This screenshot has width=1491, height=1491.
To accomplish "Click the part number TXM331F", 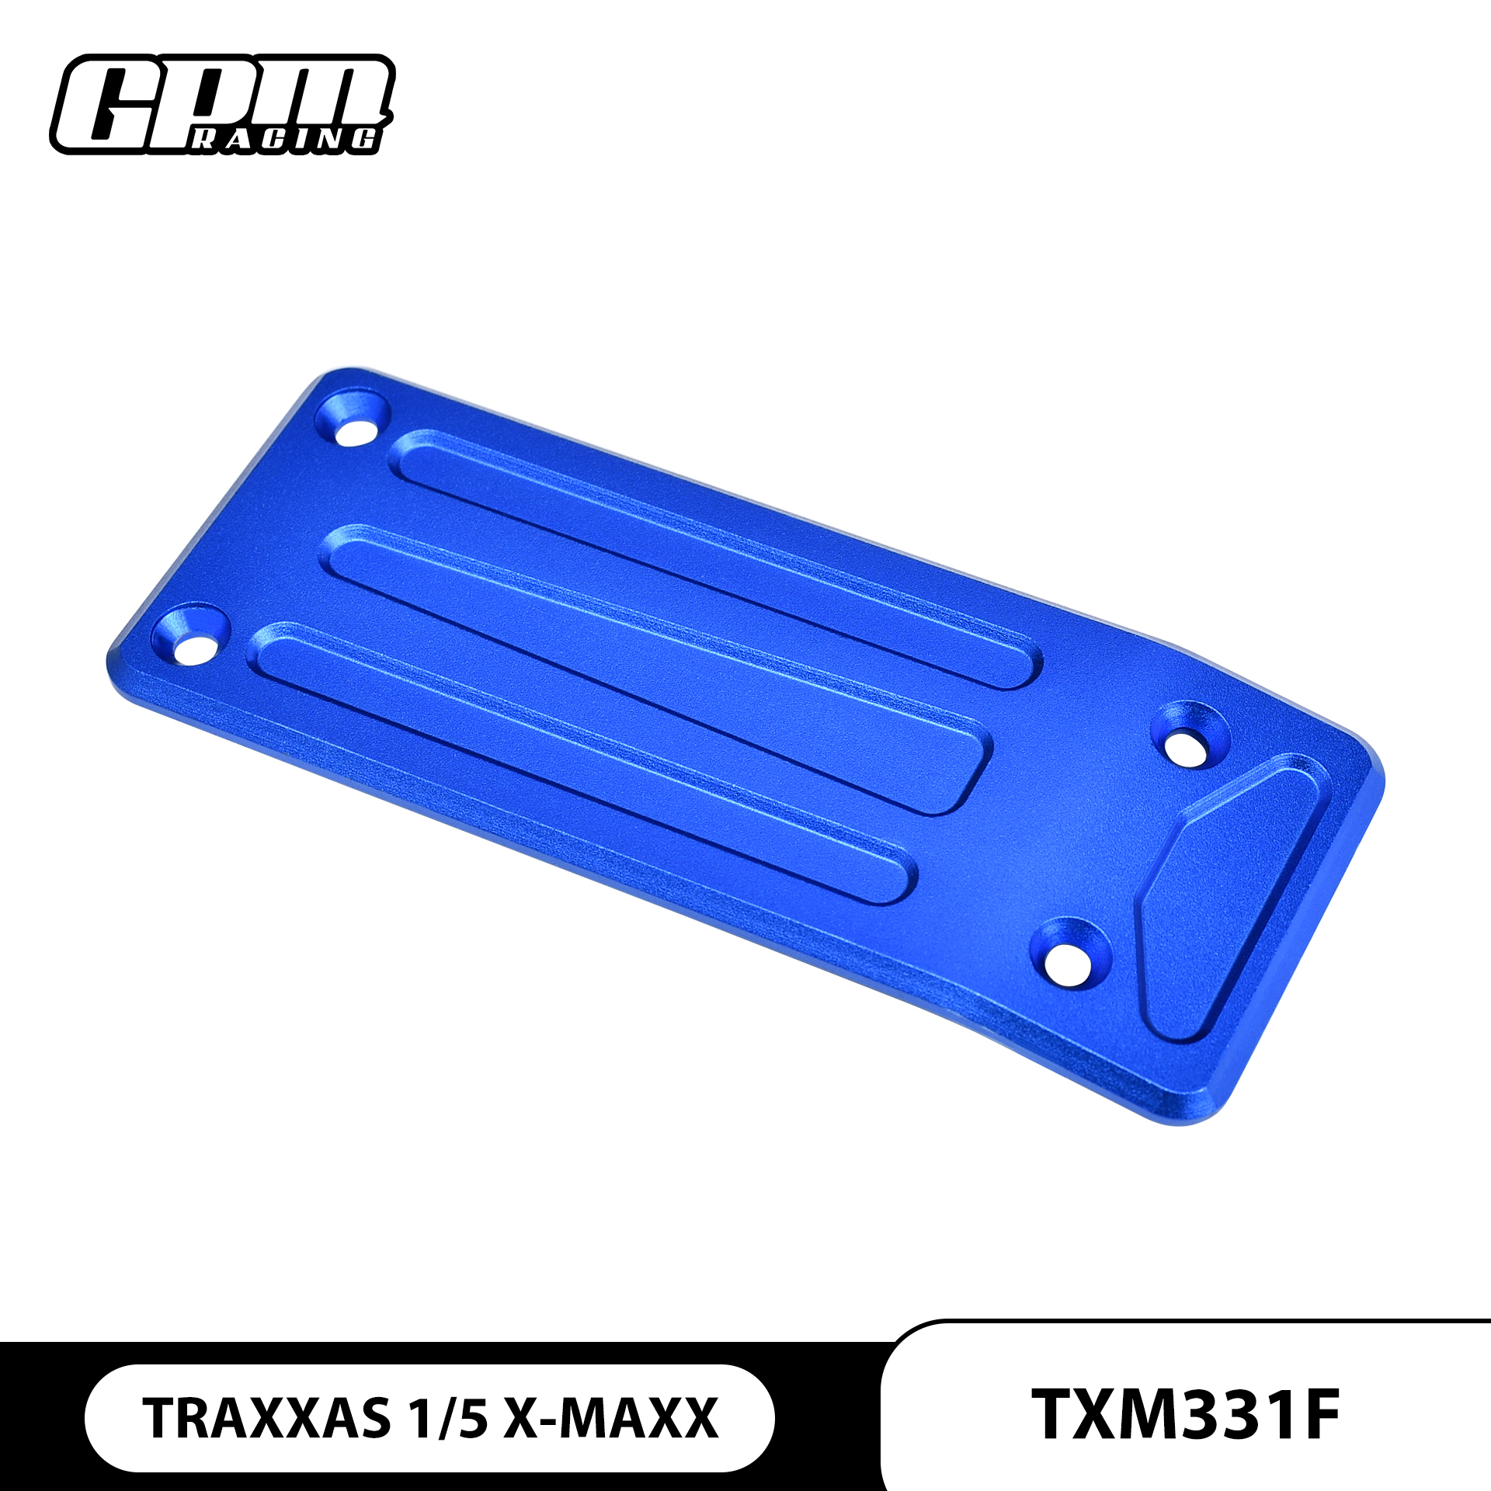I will click(x=1185, y=1415).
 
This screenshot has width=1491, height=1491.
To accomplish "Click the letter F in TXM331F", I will click(x=1316, y=1415).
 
